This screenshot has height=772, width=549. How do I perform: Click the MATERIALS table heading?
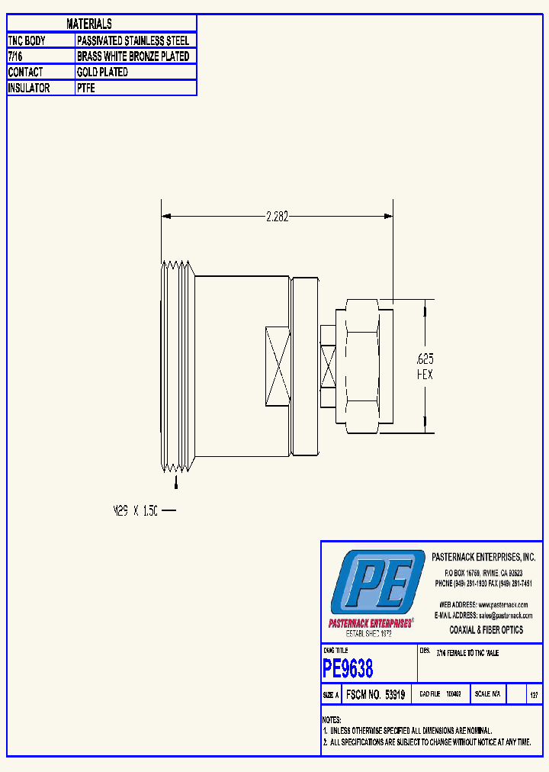click(89, 24)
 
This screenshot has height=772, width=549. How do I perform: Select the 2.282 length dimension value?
click(277, 217)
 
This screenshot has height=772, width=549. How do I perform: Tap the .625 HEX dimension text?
click(425, 366)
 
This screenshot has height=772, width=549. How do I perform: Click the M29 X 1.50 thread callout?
click(136, 511)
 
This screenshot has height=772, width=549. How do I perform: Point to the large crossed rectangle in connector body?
click(277, 366)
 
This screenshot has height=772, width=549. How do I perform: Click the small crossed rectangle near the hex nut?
click(328, 366)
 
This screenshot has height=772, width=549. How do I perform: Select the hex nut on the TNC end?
click(364, 366)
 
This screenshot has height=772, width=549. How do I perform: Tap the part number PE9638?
click(348, 669)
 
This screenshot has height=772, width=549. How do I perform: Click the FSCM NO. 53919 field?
click(375, 695)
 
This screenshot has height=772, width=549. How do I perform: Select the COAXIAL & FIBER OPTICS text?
click(486, 630)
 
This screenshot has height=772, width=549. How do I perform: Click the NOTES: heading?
click(332, 720)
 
